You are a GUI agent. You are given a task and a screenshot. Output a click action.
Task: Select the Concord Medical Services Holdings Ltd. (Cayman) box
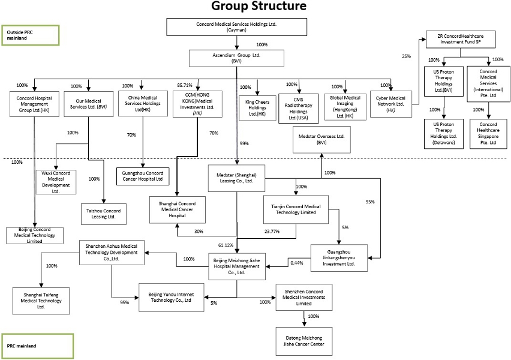[237, 27]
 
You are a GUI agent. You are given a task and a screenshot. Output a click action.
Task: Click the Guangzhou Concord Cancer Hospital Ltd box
[143, 176]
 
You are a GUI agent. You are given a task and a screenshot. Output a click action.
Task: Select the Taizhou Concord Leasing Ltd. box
[104, 214]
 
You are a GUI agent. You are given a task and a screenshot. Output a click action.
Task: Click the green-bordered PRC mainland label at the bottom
[37, 346]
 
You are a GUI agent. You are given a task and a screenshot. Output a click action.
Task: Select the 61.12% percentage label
[226, 245]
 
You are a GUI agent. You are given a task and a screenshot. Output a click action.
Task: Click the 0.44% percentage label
[296, 262]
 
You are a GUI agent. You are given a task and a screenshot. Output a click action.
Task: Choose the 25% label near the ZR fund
[407, 56]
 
